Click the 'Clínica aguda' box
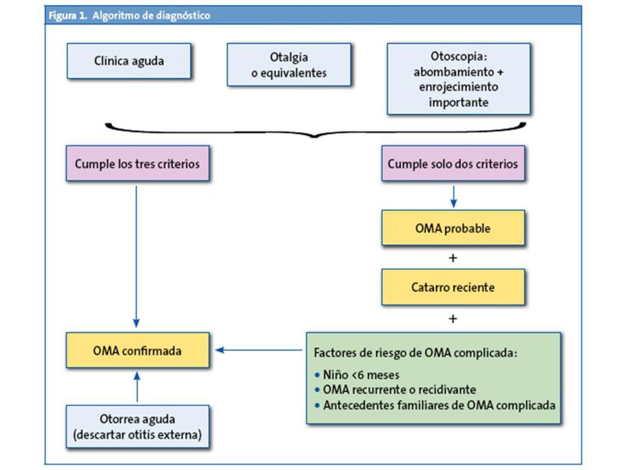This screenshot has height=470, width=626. pos(129,61)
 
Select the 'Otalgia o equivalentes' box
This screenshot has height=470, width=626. pos(289,65)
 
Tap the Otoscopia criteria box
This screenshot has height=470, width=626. pos(458,79)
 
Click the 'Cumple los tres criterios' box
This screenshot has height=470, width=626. pos(138,163)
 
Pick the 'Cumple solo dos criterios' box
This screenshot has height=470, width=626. pos(453,163)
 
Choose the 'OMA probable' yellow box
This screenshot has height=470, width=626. pos(453,228)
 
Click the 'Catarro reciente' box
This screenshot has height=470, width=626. pos(453,287)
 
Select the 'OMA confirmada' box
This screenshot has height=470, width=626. pos(138,351)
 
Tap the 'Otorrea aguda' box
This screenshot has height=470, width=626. pos(138,427)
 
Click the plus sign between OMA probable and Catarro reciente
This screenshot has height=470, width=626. pos(453,258)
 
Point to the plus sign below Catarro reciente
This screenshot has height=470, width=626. pos(453,318)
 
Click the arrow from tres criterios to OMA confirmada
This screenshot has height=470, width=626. pos(136,256)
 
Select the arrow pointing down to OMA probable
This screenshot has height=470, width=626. pos(453,196)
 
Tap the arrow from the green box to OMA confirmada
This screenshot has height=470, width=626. pos(259,350)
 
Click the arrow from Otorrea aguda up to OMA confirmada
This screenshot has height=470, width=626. pos(137,387)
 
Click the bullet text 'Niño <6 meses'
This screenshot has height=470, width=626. pos(357,375)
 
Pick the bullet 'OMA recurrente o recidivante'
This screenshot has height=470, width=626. pos(396,390)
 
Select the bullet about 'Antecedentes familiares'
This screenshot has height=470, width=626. pos(435,405)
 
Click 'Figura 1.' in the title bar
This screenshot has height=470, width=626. pos(68,15)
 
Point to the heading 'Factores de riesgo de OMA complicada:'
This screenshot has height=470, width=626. pos(416,353)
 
